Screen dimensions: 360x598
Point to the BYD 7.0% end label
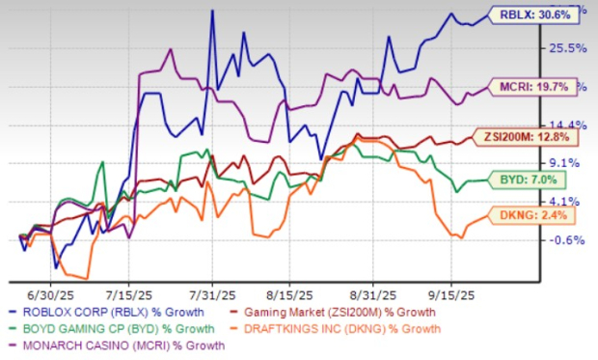pos(530,178)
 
